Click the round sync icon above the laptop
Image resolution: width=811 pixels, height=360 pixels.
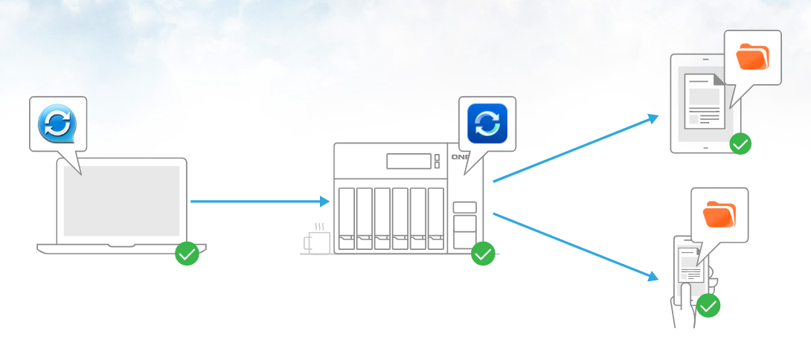[57, 123]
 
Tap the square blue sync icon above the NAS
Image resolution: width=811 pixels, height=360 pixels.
[487, 123]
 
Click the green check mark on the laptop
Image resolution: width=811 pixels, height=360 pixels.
[187, 254]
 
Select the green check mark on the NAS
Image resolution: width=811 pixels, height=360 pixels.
[483, 254]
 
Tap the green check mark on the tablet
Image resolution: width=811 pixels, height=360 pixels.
[740, 144]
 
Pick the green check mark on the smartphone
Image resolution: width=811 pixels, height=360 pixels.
[708, 305]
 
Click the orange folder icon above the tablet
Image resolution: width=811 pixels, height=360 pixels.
[752, 57]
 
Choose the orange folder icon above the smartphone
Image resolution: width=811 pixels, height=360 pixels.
[719, 214]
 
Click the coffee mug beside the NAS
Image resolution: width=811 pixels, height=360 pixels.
[318, 242]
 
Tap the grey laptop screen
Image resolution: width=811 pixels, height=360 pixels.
[121, 200]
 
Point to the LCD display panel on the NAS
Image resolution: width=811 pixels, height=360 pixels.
[408, 161]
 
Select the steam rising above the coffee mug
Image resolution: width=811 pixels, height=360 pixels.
[319, 225]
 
